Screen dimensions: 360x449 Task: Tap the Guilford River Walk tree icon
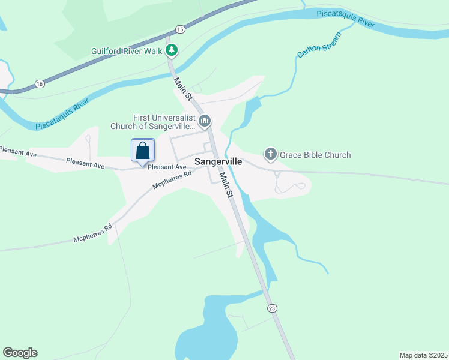pyautogui.click(x=172, y=50)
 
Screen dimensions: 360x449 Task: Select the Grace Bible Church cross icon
pyautogui.click(x=271, y=155)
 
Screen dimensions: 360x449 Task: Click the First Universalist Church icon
pyautogui.click(x=205, y=121)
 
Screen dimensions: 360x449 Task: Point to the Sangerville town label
pyautogui.click(x=218, y=161)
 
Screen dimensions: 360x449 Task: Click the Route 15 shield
pyautogui.click(x=180, y=29)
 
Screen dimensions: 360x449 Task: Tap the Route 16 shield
pyautogui.click(x=40, y=83)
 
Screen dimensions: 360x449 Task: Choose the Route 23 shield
pyautogui.click(x=272, y=308)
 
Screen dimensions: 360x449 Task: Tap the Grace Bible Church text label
pyautogui.click(x=315, y=155)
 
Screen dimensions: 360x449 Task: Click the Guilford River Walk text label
pyautogui.click(x=127, y=51)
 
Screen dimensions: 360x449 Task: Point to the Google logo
pyautogui.click(x=20, y=353)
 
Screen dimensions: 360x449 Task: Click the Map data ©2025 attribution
pyautogui.click(x=423, y=355)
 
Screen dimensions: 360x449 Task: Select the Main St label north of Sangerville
pyautogui.click(x=182, y=88)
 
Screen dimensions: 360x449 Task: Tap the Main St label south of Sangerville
pyautogui.click(x=225, y=185)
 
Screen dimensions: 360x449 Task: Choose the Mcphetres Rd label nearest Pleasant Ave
pyautogui.click(x=172, y=180)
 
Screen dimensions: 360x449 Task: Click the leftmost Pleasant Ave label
pyautogui.click(x=19, y=153)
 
